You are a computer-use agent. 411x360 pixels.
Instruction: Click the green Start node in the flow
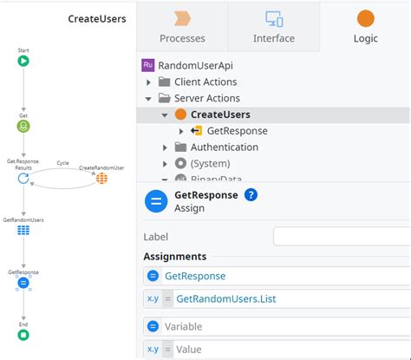tap(23, 61)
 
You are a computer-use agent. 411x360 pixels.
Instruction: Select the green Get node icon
tap(23, 127)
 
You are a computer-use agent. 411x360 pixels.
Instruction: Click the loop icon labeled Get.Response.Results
tap(23, 179)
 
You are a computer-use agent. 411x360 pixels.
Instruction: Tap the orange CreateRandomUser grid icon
tap(101, 179)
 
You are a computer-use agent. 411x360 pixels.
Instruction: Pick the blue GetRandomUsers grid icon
tap(23, 230)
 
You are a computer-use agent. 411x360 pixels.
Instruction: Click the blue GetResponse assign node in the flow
tap(23, 283)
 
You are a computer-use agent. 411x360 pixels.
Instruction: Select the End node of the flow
tap(23, 335)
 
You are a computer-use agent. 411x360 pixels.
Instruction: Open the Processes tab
tap(182, 27)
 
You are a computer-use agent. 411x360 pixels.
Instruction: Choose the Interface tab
tap(274, 27)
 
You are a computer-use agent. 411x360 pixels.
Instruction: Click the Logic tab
tap(366, 27)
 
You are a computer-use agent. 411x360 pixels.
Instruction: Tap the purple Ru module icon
tap(148, 65)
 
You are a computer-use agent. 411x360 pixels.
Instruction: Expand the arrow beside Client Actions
tap(148, 82)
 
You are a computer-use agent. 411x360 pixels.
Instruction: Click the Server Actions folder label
tap(207, 98)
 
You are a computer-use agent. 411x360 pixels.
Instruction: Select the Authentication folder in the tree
tap(225, 147)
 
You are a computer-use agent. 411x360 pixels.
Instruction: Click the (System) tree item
tap(210, 164)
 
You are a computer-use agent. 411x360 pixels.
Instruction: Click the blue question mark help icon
tap(251, 195)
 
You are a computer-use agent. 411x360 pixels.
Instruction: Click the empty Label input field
tap(342, 237)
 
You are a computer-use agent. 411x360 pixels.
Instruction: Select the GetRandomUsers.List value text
tap(226, 298)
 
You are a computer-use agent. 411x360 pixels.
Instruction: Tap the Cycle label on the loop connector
tap(62, 163)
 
